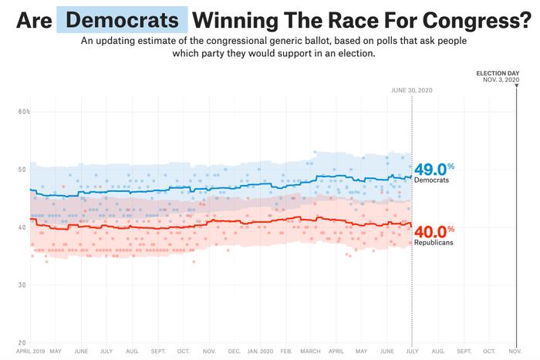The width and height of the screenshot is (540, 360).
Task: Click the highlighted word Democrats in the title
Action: [122, 19]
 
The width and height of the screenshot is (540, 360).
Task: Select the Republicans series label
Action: [434, 243]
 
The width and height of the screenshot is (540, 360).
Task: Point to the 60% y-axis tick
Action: [24, 113]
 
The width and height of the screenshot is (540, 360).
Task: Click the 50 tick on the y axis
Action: [22, 170]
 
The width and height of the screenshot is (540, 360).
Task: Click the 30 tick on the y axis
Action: [22, 285]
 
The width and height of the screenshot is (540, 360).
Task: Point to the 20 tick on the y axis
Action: [22, 342]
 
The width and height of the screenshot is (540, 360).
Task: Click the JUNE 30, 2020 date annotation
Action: [411, 89]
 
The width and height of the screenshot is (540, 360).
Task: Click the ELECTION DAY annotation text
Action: [498, 73]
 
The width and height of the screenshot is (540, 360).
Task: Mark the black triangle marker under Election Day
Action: [516, 87]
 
